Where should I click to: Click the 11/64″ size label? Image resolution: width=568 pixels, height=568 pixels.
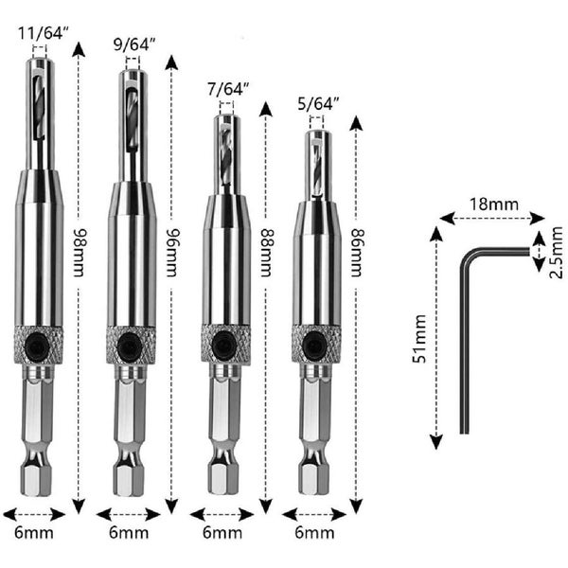point(44,34)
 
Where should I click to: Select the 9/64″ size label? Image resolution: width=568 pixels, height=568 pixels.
point(134,44)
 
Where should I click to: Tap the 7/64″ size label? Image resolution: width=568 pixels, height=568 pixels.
point(228,90)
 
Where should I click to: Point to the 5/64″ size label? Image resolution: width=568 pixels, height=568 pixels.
point(318,104)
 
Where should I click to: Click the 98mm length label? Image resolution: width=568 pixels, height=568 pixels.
point(80,253)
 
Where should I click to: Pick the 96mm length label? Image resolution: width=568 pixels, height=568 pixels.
point(173,253)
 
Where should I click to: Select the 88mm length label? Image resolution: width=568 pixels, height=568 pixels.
point(267,253)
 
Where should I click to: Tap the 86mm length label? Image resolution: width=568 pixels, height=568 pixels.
point(358,253)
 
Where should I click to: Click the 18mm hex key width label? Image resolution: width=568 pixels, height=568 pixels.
point(494,204)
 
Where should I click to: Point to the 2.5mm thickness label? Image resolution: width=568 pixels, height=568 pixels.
point(557,253)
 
